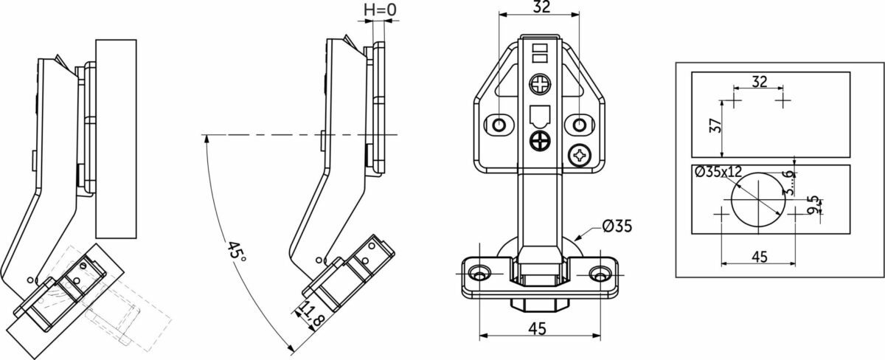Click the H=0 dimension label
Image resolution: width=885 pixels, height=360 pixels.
[380, 10]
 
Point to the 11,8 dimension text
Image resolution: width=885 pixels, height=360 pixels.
[313, 315]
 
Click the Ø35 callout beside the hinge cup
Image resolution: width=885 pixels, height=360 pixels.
[617, 226]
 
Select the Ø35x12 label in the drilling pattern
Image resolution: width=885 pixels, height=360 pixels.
[718, 172]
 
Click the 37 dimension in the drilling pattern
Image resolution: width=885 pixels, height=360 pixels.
[715, 125]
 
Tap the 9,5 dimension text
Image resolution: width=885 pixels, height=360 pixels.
[814, 204]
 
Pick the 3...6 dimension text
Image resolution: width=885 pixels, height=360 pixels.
[788, 182]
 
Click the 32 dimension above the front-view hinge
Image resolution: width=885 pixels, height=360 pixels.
[541, 7]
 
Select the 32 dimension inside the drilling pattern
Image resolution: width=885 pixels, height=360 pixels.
[760, 81]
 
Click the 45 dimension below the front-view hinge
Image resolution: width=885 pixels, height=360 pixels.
[538, 328]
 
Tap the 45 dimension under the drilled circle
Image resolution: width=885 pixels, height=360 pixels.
[760, 257]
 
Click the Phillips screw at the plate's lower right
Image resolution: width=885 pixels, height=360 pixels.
[580, 156]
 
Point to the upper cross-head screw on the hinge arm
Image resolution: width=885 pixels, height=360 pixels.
[539, 84]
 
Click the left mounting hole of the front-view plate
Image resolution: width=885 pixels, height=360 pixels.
[499, 125]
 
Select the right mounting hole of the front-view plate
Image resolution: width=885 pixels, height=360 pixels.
[580, 125]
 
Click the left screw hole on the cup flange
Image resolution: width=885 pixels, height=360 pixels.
[479, 274]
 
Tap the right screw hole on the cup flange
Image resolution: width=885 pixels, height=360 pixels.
[600, 274]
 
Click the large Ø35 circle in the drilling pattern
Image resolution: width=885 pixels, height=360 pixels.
[732, 200]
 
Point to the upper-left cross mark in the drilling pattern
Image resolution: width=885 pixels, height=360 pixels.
[735, 100]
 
